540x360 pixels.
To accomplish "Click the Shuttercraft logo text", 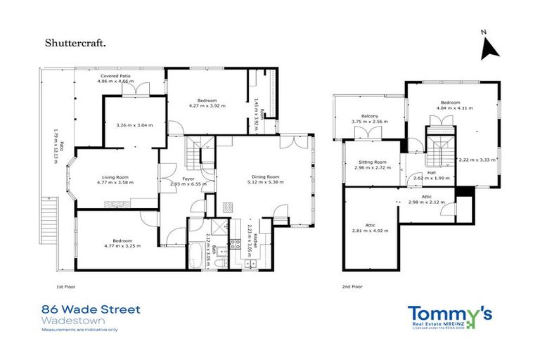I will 77,44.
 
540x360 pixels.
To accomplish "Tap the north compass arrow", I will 488,48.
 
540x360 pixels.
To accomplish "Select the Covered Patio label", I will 115,75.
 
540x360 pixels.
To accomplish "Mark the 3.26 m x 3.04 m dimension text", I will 134,125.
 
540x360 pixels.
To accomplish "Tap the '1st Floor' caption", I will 65,287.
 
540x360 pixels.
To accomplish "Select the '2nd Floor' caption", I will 352,287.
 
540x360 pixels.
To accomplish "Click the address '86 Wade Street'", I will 91,309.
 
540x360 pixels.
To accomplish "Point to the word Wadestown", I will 67,320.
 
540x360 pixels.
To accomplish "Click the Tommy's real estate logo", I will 451,316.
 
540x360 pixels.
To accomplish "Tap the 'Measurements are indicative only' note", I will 80,329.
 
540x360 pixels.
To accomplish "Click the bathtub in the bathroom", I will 200,254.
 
